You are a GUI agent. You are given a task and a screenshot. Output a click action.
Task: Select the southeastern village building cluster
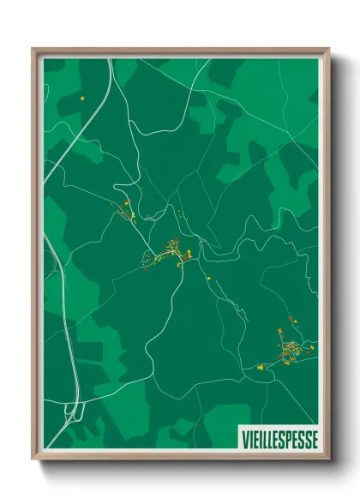coord(291,347)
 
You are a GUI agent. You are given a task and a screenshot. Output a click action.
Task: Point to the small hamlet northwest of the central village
coord(126,211)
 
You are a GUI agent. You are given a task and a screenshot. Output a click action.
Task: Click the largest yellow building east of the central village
coord(189,252)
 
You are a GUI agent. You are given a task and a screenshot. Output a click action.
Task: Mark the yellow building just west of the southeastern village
coord(256,367)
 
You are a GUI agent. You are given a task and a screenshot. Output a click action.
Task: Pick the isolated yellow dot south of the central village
coord(206,277)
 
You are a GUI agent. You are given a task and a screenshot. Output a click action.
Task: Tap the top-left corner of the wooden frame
coord(33,50)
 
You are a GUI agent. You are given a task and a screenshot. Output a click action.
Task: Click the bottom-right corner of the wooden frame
coord(328,460)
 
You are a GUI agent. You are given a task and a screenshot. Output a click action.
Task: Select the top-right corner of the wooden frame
coord(328,50)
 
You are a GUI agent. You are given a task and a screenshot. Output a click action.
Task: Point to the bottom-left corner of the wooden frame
coord(33,460)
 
